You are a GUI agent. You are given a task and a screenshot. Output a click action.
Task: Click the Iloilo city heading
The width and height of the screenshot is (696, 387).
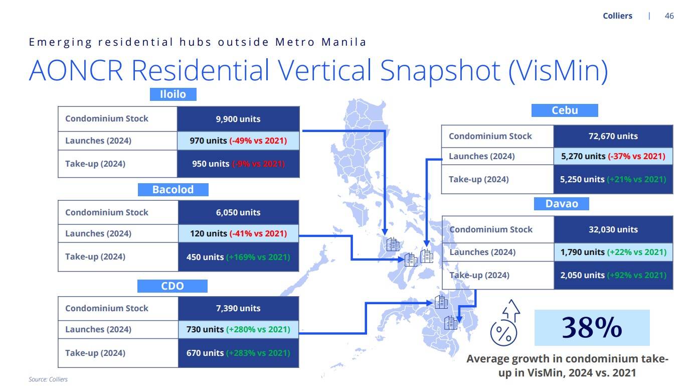(173, 94)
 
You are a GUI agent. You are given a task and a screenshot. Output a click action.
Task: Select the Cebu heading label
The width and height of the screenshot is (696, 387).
(565, 110)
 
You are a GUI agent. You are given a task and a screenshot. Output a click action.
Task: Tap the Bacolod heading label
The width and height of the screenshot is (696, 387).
(173, 189)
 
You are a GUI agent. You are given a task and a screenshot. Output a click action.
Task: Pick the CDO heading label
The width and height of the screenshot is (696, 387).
(172, 286)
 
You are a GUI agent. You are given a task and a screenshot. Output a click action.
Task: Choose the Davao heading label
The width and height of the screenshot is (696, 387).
(562, 204)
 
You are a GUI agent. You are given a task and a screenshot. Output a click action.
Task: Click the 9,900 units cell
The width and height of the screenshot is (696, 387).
(238, 119)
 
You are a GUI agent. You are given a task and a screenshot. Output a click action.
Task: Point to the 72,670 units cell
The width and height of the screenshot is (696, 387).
(613, 136)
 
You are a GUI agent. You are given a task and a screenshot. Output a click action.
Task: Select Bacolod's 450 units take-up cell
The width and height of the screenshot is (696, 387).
(238, 257)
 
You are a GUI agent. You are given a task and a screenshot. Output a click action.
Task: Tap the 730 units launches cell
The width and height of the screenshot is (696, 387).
(238, 329)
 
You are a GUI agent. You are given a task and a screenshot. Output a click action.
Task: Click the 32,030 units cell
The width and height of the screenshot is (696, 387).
(613, 229)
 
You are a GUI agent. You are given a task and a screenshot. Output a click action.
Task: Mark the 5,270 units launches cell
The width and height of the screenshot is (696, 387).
(613, 156)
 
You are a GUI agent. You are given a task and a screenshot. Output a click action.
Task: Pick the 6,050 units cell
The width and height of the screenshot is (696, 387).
(238, 212)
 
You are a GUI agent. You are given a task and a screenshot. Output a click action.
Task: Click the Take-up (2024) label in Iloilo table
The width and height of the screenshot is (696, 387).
(95, 164)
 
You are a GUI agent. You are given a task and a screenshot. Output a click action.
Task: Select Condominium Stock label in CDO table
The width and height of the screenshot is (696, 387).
(107, 308)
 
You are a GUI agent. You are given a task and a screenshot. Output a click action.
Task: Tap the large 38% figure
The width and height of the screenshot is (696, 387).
(592, 328)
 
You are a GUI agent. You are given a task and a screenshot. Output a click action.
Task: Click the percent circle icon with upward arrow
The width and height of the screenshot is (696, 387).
(505, 323)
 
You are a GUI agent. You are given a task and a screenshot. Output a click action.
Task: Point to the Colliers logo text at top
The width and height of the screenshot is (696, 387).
(617, 16)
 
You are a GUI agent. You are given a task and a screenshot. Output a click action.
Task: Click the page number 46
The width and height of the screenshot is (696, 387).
(669, 16)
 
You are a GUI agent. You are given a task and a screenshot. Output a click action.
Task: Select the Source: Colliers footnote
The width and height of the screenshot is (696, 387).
(48, 379)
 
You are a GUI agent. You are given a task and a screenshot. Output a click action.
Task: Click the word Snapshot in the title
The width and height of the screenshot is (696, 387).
(440, 71)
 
